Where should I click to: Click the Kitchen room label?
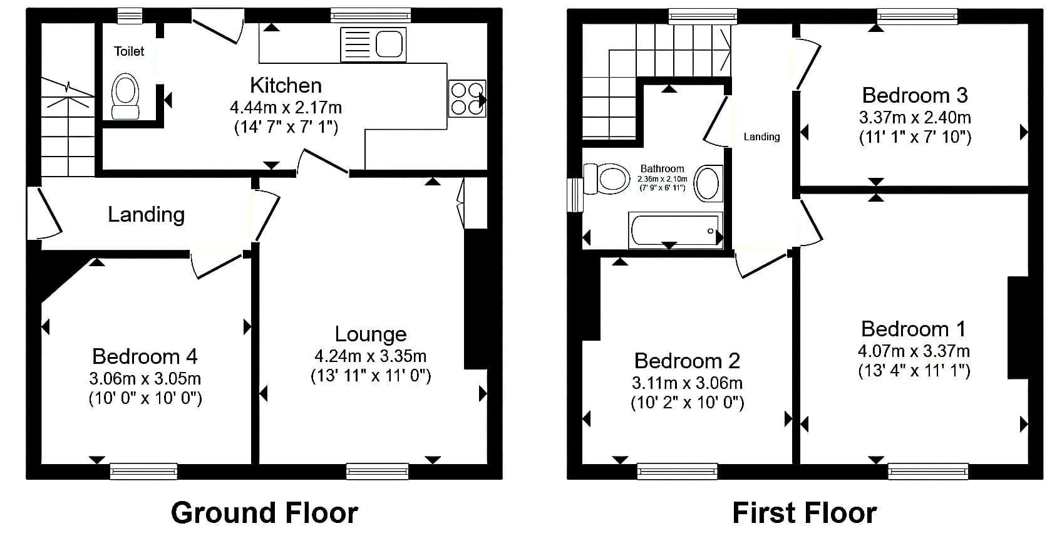286,85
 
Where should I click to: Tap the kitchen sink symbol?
373,45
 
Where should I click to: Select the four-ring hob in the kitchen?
467,98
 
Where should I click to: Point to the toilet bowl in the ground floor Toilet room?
125,96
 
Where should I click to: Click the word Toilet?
129,51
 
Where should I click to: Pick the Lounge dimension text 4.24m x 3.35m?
371,356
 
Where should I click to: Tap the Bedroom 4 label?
145,356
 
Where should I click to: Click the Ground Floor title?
264,513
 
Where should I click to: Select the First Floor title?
805,513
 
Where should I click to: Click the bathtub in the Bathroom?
675,230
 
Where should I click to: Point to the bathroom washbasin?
708,183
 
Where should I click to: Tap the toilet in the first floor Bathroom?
606,179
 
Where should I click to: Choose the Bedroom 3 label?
915,95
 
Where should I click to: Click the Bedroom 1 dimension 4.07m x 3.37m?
914,351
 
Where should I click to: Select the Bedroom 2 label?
687,361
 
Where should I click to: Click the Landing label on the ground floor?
147,215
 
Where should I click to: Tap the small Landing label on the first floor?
761,137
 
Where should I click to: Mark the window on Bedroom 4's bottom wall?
143,471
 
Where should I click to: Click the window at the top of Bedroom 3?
917,16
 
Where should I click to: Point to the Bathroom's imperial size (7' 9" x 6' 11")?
663,188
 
